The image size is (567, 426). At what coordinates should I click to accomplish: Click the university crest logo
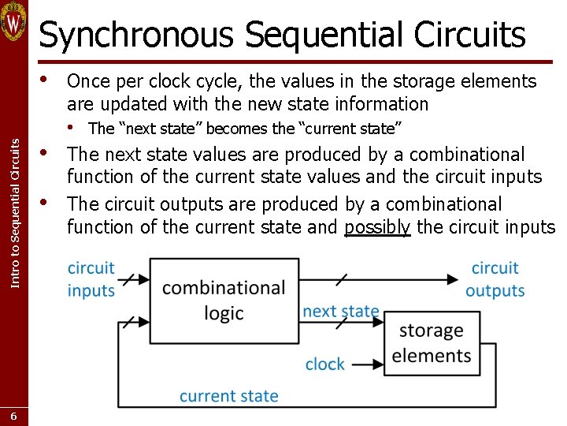[x=13, y=21]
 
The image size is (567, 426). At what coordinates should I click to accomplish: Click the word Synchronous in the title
[x=137, y=35]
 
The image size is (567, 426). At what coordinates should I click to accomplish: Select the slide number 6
[x=13, y=415]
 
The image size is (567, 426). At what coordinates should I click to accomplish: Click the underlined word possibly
[x=378, y=228]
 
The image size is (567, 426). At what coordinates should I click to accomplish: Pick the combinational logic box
[x=224, y=300]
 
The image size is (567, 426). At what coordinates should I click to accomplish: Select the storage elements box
[x=432, y=342]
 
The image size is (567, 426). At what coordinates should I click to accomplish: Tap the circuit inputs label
[x=91, y=279]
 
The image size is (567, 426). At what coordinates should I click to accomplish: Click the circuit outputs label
[x=495, y=279]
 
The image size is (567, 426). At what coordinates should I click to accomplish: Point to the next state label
[x=340, y=312]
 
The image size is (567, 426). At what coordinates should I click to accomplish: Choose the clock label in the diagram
[x=324, y=364]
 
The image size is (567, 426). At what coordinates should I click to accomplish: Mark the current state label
[x=228, y=396]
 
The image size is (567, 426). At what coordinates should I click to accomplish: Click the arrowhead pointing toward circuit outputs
[x=454, y=279]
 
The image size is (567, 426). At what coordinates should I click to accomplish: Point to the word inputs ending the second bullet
[x=514, y=177]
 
